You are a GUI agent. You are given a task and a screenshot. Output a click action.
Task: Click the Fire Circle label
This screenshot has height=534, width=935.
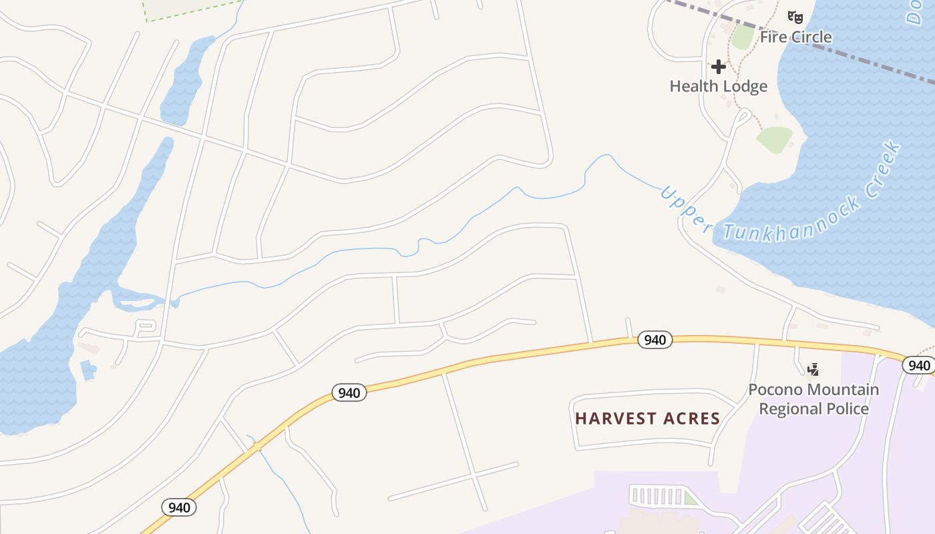[x=795, y=37]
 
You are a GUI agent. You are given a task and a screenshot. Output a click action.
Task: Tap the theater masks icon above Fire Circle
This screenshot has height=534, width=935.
[x=794, y=17]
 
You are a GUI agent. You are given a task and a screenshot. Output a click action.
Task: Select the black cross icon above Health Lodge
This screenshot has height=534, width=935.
[x=719, y=67]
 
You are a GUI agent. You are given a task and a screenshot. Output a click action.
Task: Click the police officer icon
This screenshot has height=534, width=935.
[x=813, y=368]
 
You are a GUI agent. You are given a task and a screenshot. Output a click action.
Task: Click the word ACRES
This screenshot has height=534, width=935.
[x=692, y=419]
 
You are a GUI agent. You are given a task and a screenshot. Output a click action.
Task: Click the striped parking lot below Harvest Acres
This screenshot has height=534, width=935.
[x=658, y=496]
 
